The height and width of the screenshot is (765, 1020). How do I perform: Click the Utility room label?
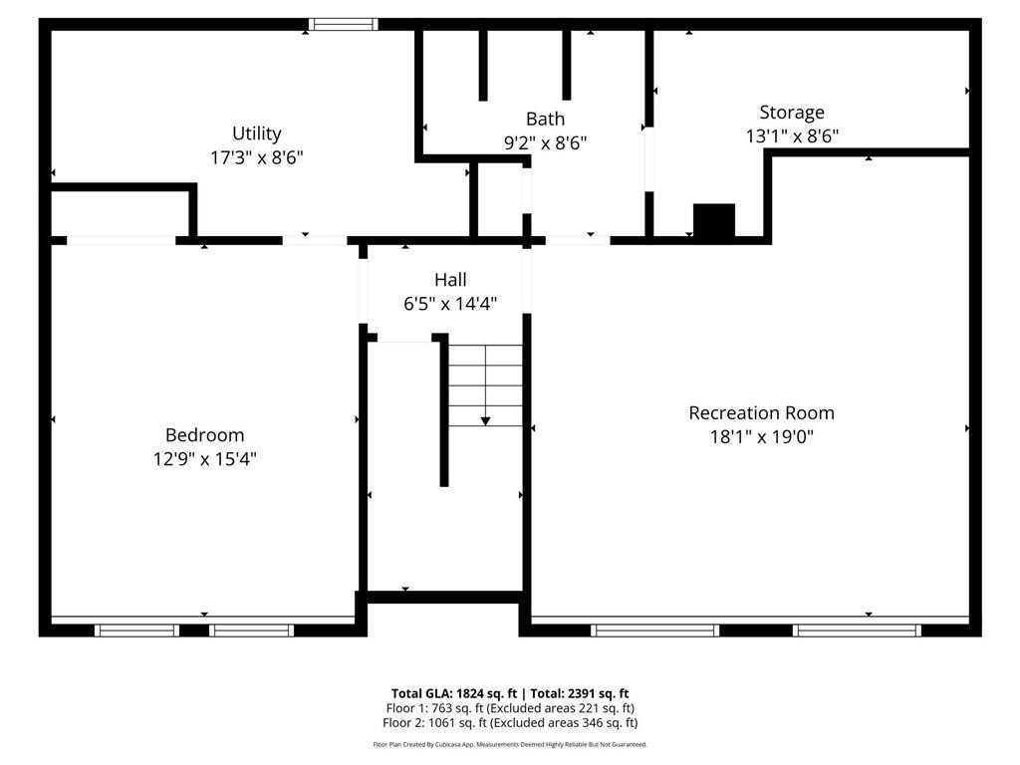[x=257, y=133]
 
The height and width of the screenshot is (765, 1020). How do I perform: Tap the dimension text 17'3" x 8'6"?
[x=257, y=157]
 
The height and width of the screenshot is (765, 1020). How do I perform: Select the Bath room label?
[x=545, y=120]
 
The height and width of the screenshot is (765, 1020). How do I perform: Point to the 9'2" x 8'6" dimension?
[x=545, y=143]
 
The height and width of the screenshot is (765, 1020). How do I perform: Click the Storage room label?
[x=792, y=113]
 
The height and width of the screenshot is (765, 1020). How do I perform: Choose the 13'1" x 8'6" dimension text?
[x=792, y=136]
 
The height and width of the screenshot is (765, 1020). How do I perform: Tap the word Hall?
[x=450, y=280]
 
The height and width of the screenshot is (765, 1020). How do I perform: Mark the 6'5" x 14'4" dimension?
[x=450, y=304]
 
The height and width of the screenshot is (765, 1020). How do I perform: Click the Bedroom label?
[x=204, y=435]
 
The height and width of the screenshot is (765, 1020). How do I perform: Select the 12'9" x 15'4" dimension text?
[x=204, y=459]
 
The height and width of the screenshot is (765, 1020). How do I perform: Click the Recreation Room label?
[x=762, y=412]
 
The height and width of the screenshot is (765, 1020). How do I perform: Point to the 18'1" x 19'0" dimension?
[x=762, y=436]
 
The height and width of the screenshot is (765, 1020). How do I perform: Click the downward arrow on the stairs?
[x=485, y=418]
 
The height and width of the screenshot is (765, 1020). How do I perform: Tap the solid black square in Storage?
[x=713, y=220]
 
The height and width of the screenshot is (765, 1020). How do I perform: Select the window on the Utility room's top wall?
[x=343, y=24]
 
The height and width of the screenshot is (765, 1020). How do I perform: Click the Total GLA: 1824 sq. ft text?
[x=454, y=693]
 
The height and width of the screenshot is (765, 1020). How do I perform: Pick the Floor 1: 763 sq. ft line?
[x=510, y=708]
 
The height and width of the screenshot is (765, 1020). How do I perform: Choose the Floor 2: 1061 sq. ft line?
[x=510, y=723]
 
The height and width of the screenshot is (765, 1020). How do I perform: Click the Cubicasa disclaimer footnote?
[x=510, y=744]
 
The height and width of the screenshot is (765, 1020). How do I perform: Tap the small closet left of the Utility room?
[x=120, y=213]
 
